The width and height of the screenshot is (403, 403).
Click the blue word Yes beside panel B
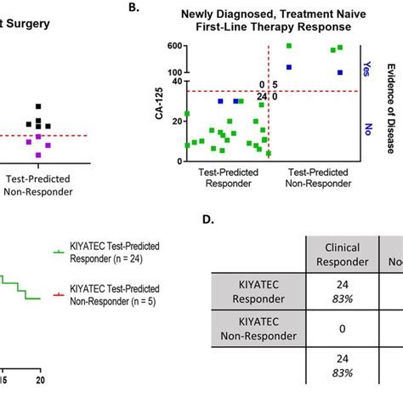click(x=366, y=67)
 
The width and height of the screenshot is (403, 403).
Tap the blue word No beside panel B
click(x=366, y=128)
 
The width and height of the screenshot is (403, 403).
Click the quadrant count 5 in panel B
click(x=275, y=84)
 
